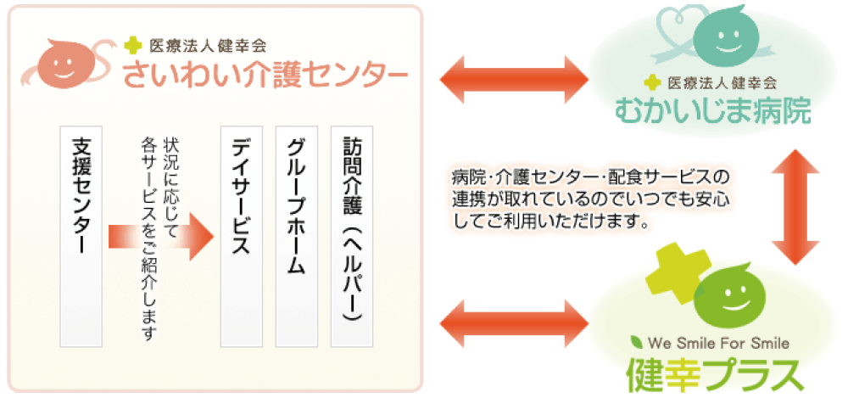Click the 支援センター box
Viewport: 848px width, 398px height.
pyautogui.click(x=81, y=237)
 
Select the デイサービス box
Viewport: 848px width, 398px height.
pyautogui.click(x=241, y=237)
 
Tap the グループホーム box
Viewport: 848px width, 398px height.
pyautogui.click(x=296, y=237)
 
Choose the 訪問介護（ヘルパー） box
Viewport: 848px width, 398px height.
pyautogui.click(x=352, y=237)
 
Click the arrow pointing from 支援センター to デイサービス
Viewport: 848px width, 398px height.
pyautogui.click(x=161, y=237)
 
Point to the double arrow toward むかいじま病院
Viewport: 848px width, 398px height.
pyautogui.click(x=515, y=79)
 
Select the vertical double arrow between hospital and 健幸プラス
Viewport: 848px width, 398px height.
pyautogui.click(x=795, y=207)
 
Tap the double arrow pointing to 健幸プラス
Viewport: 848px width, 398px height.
pyautogui.click(x=515, y=325)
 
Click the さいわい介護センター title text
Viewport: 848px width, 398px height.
pyautogui.click(x=265, y=76)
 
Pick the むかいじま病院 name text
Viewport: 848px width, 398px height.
pyautogui.click(x=713, y=109)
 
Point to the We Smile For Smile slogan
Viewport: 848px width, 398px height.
pyautogui.click(x=718, y=343)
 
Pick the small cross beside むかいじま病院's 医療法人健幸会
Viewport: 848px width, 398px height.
pyautogui.click(x=653, y=83)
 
